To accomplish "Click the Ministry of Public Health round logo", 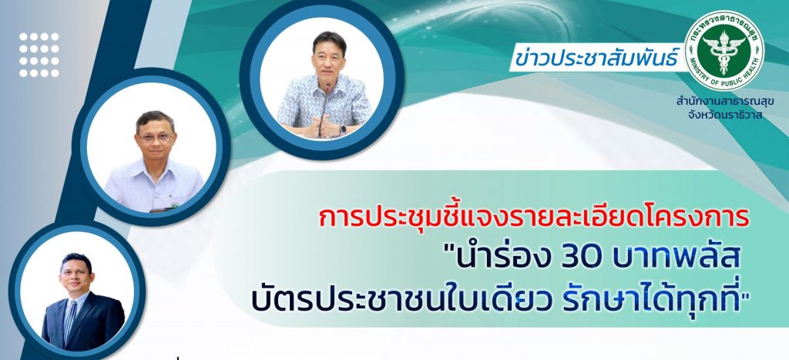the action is click(x=724, y=50).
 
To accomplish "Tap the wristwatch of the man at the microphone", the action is click(x=343, y=130).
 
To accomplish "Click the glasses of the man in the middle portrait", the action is click(x=155, y=136).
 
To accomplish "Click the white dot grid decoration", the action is click(x=39, y=55).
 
